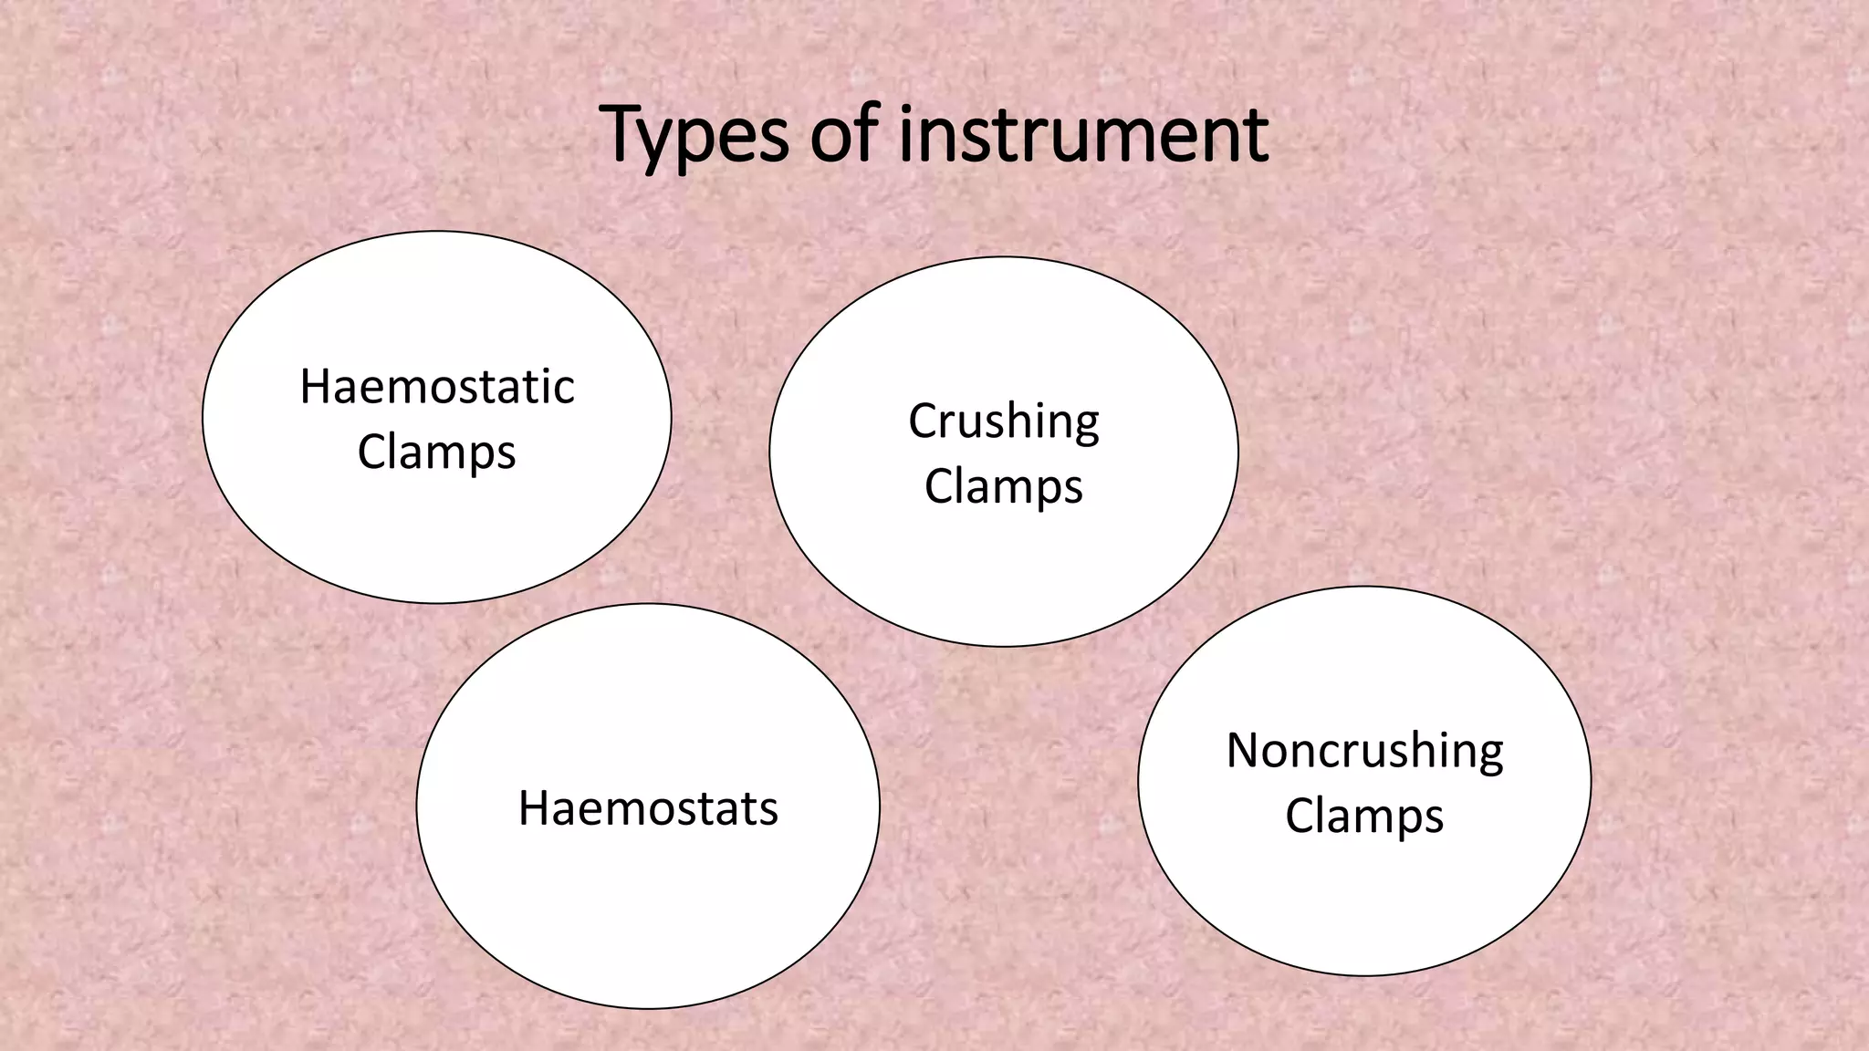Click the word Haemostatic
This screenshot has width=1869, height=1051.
point(437,387)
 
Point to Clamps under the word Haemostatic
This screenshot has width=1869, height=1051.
point(436,452)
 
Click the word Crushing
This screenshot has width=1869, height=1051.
point(1004,421)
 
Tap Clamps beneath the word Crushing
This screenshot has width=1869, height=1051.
point(1003,485)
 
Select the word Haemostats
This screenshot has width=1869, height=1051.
point(648,808)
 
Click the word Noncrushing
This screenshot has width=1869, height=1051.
point(1364,751)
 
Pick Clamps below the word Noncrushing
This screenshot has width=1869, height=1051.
point(1364,816)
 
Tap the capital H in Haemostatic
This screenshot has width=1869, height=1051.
point(315,387)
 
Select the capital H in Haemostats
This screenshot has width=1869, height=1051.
point(534,808)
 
